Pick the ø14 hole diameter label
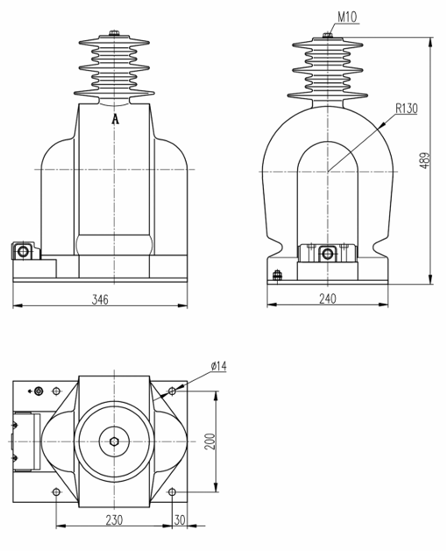[x=217, y=366]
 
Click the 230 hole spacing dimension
[x=114, y=519]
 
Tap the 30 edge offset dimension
[x=181, y=519]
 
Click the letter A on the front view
[x=115, y=119]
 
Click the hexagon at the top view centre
[x=115, y=440]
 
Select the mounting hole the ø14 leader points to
[x=172, y=390]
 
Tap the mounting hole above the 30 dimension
[x=172, y=490]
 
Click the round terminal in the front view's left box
[x=23, y=253]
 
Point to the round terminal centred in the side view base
[x=328, y=254]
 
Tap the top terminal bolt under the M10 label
[x=327, y=35]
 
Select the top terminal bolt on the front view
[x=115, y=35]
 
